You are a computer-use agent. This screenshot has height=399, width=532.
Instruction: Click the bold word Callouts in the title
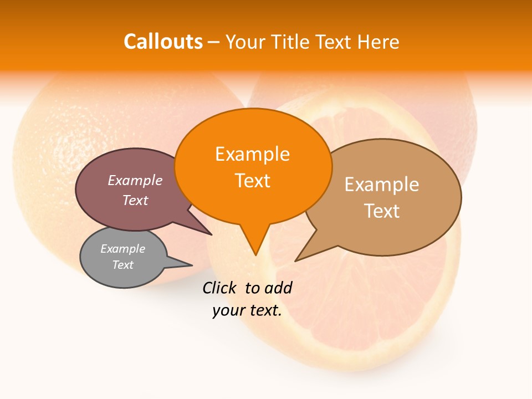(163, 42)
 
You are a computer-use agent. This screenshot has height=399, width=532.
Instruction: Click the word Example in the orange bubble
(252, 154)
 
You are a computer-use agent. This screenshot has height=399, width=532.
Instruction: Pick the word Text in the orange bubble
(252, 181)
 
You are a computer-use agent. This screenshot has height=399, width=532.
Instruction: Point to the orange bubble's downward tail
(255, 244)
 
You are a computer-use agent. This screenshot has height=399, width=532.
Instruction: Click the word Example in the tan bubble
(382, 185)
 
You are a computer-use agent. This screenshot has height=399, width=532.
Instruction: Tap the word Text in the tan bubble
(382, 211)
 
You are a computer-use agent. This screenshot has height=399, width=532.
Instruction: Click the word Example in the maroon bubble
(135, 181)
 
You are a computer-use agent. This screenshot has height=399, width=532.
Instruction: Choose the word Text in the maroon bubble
(135, 200)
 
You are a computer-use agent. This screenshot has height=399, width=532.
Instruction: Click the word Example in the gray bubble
(122, 249)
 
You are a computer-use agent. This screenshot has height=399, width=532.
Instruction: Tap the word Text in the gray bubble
(122, 265)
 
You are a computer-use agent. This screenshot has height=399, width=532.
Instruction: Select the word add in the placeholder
(278, 288)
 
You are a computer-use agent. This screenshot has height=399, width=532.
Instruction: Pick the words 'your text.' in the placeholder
(247, 311)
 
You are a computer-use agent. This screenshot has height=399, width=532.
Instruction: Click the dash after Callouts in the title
(214, 42)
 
